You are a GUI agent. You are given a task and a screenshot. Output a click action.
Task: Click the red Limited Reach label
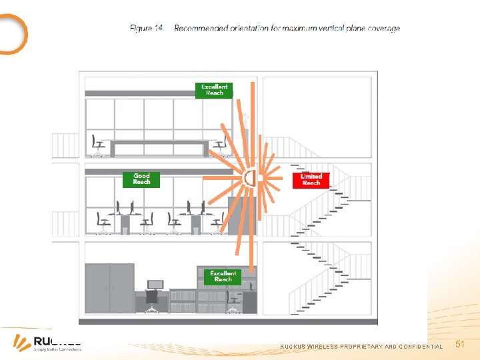(x=311, y=180)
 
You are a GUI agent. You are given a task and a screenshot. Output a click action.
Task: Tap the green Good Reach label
(x=141, y=179)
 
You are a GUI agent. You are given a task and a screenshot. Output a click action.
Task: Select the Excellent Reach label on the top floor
(x=214, y=90)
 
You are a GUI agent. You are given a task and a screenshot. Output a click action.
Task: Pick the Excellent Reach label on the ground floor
(x=223, y=276)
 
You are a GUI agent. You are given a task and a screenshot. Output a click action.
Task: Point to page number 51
(x=459, y=344)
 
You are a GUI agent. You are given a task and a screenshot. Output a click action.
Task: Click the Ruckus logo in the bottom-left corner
(x=47, y=343)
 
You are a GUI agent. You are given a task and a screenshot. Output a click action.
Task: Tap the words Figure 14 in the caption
(x=147, y=29)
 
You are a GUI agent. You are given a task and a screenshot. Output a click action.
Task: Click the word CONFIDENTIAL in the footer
(x=421, y=347)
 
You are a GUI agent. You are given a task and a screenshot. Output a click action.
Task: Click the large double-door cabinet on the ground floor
(x=109, y=288)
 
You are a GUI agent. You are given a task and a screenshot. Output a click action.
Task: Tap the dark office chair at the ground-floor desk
(x=152, y=299)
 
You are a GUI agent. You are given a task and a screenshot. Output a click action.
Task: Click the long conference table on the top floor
(x=159, y=145)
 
